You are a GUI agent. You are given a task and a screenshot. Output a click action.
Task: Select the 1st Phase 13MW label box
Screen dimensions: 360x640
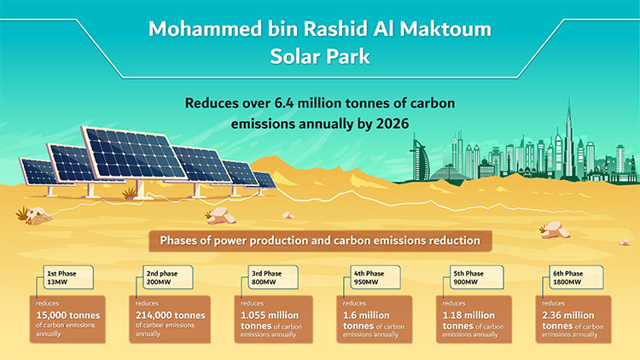tap(69, 277)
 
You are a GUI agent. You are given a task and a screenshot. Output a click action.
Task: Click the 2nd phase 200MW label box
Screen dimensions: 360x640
tap(167, 277)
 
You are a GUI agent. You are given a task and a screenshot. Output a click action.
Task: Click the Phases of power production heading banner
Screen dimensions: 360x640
tap(320, 241)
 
